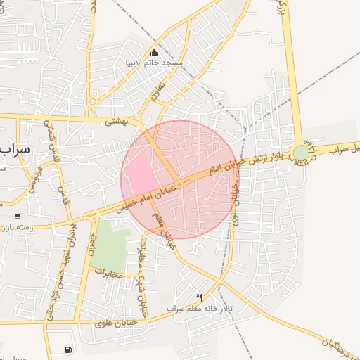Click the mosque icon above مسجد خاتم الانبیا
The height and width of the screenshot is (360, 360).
click(x=155, y=52)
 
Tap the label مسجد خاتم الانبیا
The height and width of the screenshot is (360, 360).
click(x=154, y=63)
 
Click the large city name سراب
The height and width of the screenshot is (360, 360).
click(x=13, y=150)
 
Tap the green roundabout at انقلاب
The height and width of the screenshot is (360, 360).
click(x=301, y=152)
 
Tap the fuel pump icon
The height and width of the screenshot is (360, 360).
click(x=67, y=349)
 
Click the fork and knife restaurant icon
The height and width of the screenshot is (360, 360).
click(x=199, y=298)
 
